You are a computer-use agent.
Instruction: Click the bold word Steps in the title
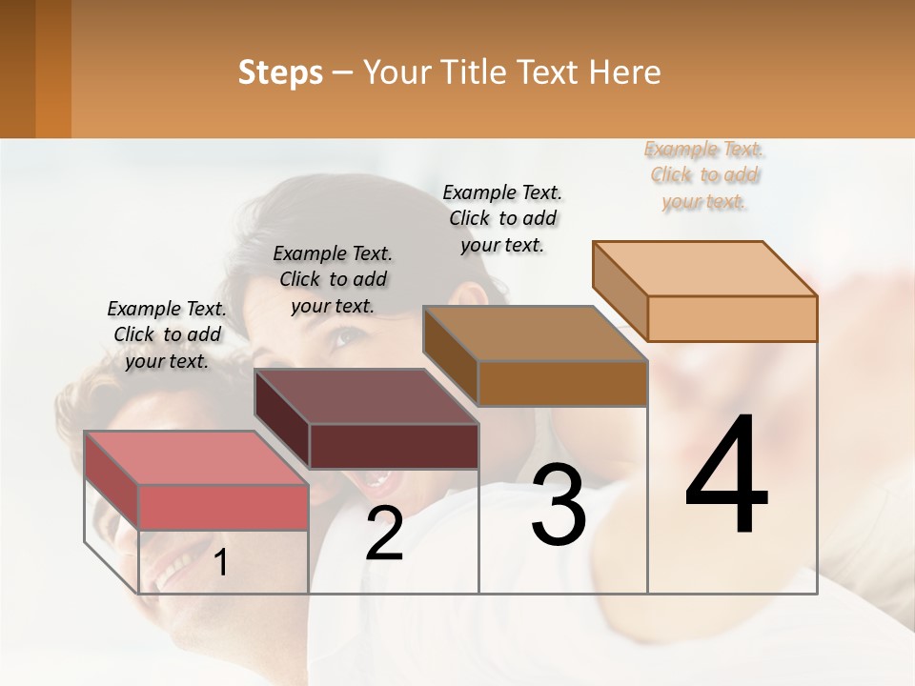point(280,72)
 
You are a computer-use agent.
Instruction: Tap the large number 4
point(726,476)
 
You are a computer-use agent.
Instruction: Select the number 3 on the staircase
point(559,506)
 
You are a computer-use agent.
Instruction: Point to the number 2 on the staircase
point(384,535)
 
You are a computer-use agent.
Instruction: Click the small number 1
point(221,563)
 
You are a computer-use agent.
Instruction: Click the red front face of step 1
point(223,507)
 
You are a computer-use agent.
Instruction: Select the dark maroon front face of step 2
point(394,446)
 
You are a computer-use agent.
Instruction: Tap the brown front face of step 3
point(562,384)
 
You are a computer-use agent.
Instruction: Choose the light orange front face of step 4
point(731,318)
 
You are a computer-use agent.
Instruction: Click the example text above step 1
point(167,334)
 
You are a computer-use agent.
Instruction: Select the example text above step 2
point(333,279)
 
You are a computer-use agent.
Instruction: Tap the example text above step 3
point(502,218)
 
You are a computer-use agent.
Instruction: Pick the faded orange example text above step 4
point(704,175)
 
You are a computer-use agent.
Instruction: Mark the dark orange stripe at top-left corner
point(52,69)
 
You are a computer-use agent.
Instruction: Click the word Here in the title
point(625,72)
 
